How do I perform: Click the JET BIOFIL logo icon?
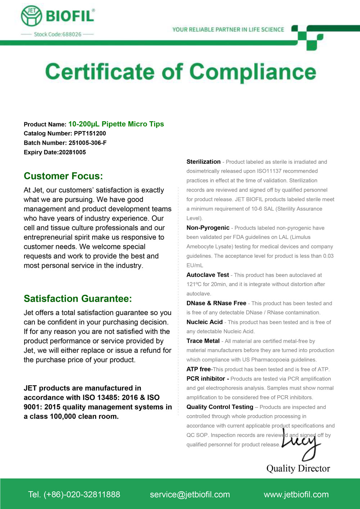(32, 16)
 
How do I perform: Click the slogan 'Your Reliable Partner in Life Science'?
(228, 30)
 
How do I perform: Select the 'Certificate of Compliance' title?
(180, 72)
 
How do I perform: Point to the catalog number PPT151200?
(90, 134)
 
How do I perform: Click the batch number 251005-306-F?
(87, 143)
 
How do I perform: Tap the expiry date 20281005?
(72, 152)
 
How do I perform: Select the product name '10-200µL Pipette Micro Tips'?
(116, 124)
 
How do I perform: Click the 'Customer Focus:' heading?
(63, 176)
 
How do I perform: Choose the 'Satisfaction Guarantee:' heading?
(78, 299)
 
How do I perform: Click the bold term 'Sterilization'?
(203, 162)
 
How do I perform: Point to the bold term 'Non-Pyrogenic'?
(208, 228)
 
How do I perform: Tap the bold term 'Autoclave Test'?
(207, 275)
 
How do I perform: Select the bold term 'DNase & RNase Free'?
(216, 303)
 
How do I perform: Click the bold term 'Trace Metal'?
(203, 341)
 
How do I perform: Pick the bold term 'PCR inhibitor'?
(206, 379)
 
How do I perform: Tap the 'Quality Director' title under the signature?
(298, 468)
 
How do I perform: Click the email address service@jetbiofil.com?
(190, 495)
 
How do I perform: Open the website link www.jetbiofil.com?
(296, 495)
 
